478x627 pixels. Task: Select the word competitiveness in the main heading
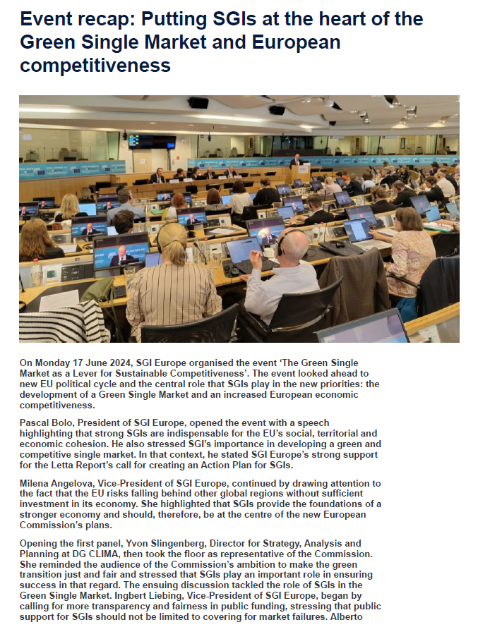click(95, 66)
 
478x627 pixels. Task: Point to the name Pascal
click(35, 422)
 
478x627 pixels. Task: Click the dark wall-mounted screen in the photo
click(152, 141)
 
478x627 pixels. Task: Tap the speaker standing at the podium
click(297, 161)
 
